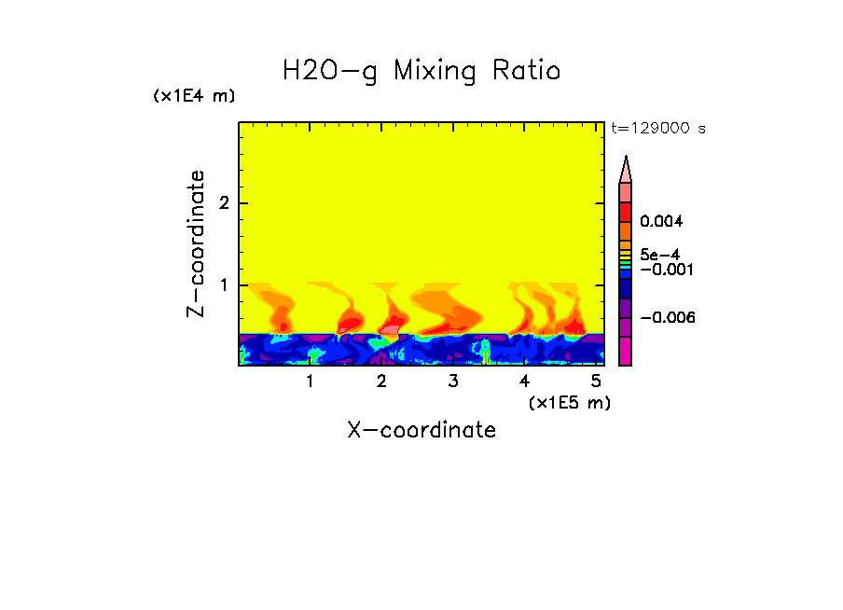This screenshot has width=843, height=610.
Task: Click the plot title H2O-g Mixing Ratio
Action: pos(421,71)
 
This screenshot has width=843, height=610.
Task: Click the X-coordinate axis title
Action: pos(421,430)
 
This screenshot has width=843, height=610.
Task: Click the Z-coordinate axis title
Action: pos(196,243)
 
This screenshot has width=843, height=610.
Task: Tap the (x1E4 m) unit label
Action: pos(194,96)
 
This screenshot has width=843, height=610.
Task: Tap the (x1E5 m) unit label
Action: pos(569,402)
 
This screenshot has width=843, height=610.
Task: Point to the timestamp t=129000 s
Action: pos(658,129)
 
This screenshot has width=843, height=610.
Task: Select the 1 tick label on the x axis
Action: pos(310,381)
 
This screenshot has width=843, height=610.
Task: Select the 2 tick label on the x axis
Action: pos(381,381)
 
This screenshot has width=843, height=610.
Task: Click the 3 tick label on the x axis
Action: pos(452,381)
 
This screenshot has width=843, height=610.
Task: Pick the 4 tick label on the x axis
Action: pos(524,381)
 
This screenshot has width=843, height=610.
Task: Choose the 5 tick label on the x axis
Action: pos(595,381)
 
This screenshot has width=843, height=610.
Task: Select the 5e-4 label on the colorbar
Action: pos(659,254)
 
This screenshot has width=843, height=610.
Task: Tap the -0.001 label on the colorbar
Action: pos(662,270)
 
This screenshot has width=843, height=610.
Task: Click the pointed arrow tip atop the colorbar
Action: pos(626,168)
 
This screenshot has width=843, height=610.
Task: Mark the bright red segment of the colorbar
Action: pos(626,211)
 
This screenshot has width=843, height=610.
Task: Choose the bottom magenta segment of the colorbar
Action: pos(626,351)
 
